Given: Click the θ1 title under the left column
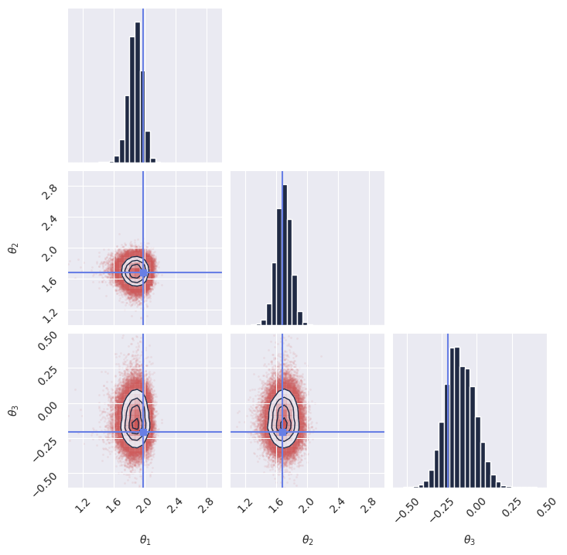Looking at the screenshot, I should (145, 540).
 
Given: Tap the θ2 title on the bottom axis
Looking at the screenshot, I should (307, 540).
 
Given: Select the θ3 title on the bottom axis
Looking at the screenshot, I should (470, 540).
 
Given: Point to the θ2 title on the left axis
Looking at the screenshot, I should (12, 248).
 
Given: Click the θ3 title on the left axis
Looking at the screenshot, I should (12, 410).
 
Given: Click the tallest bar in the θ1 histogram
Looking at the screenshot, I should (138, 92).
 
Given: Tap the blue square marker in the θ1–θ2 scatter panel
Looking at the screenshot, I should (144, 272).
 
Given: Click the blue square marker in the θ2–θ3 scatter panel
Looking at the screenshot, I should (283, 432).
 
